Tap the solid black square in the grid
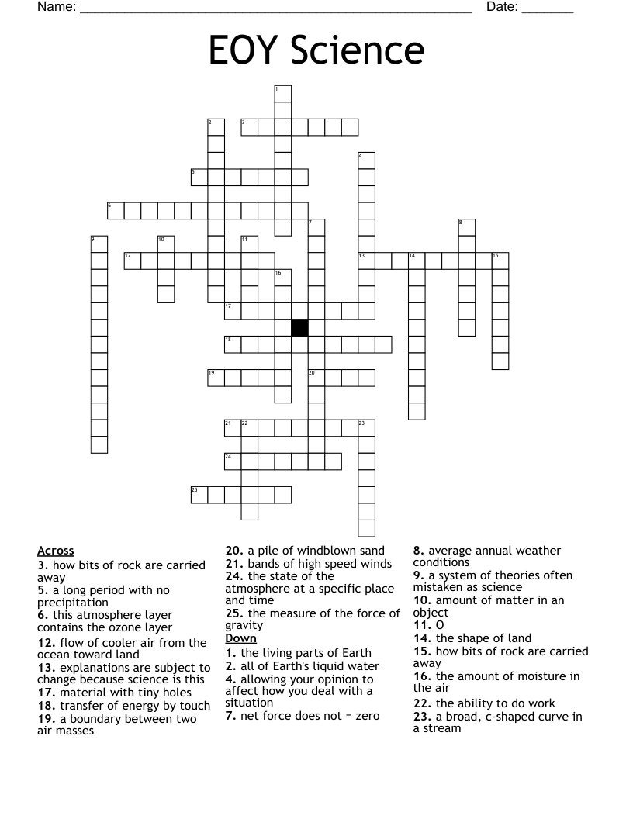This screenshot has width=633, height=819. point(299,327)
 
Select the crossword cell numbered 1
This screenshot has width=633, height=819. point(283,94)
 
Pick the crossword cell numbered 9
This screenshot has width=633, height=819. point(99,244)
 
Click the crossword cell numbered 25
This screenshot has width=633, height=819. point(199,495)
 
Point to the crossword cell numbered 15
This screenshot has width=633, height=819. point(500,261)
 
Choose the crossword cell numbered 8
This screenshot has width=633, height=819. point(466,227)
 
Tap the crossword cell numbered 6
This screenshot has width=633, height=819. point(116,210)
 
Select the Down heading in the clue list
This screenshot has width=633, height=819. point(240,638)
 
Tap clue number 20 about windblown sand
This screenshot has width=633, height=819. point(233,551)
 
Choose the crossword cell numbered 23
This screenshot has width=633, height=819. point(366,427)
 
